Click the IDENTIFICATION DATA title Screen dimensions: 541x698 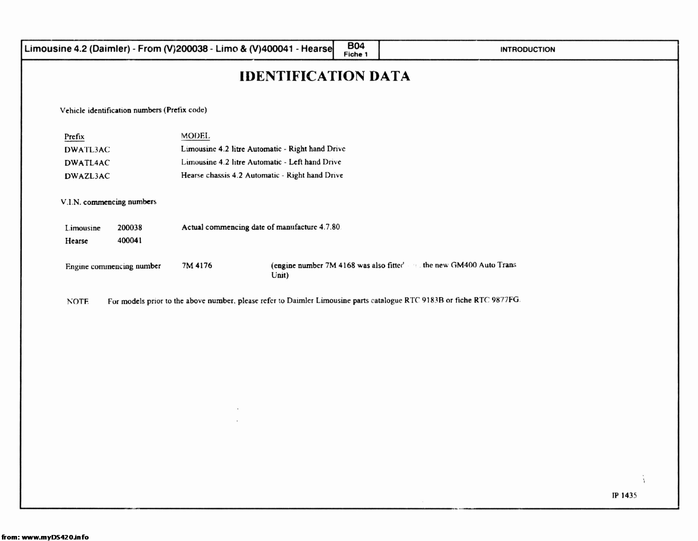point(324,76)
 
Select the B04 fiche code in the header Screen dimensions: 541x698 point(356,46)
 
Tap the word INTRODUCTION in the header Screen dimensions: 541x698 point(527,50)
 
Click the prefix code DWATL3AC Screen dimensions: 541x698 point(87,150)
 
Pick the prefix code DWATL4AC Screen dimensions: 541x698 point(87,163)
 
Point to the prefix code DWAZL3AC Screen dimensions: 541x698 point(87,176)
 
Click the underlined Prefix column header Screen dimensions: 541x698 point(74,137)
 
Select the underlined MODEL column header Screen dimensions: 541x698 point(195,136)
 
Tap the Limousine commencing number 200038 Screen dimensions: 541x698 point(130,228)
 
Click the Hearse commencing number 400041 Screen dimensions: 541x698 point(130,240)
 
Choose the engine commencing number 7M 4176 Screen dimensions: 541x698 point(197,265)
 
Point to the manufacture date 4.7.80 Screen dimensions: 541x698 point(329,227)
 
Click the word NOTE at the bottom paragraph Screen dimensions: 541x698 point(78,302)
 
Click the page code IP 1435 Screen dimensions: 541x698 point(624,495)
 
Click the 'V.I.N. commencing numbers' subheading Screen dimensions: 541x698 point(108,202)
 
